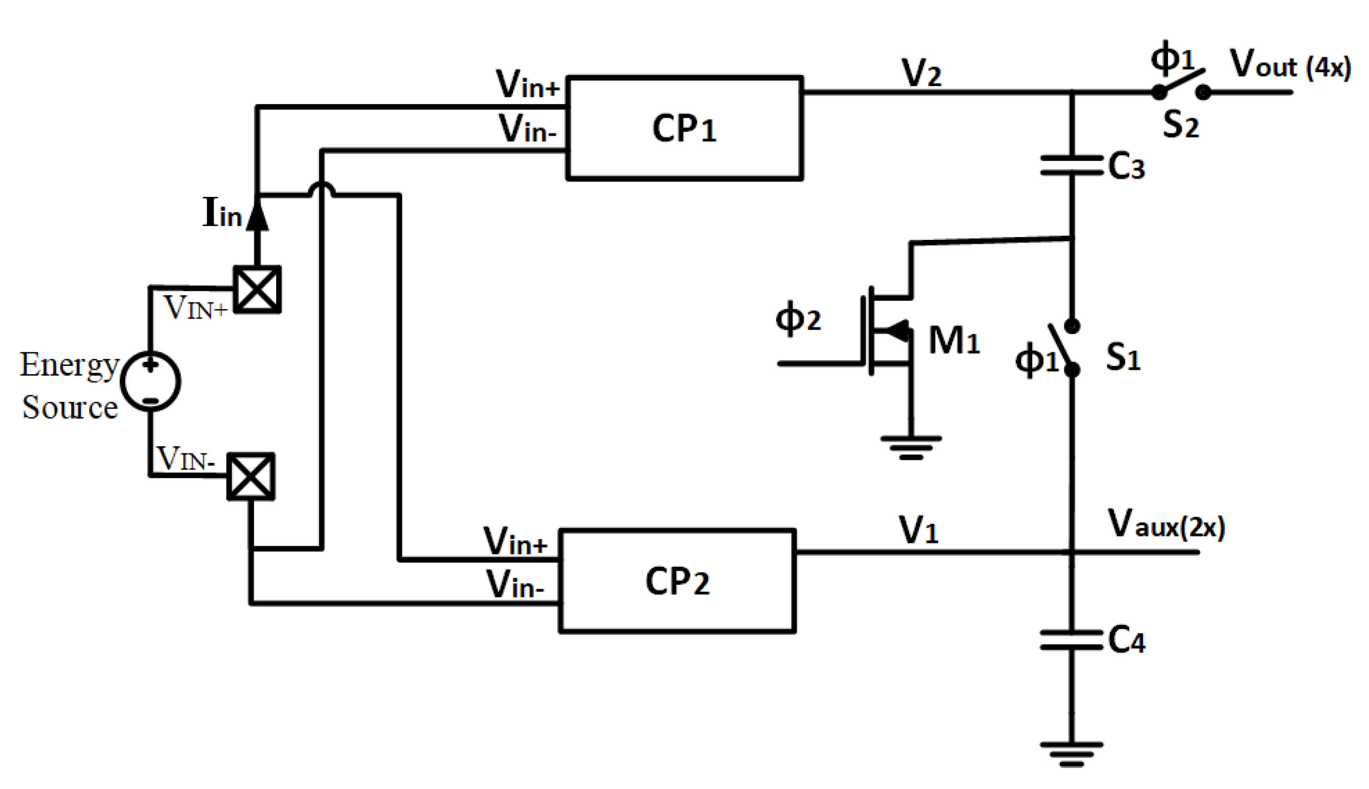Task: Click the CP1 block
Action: point(684,128)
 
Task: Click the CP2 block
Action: point(677,581)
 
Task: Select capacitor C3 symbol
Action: point(1071,165)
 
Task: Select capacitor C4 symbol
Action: point(1071,639)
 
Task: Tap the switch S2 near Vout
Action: point(1180,86)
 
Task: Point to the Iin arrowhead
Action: point(257,214)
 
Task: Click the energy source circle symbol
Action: point(150,381)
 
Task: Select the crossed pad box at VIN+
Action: point(257,290)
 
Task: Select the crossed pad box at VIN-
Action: point(251,476)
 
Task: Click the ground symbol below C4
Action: point(1071,754)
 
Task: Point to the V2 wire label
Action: point(920,73)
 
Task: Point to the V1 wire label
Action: point(918,530)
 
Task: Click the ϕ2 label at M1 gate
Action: point(798,318)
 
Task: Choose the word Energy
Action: point(69,365)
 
